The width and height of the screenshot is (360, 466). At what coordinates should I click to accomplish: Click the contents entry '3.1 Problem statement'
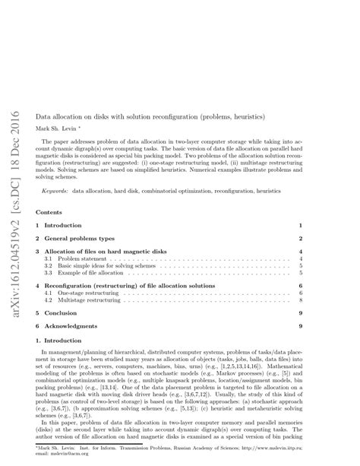click(x=72, y=259)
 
